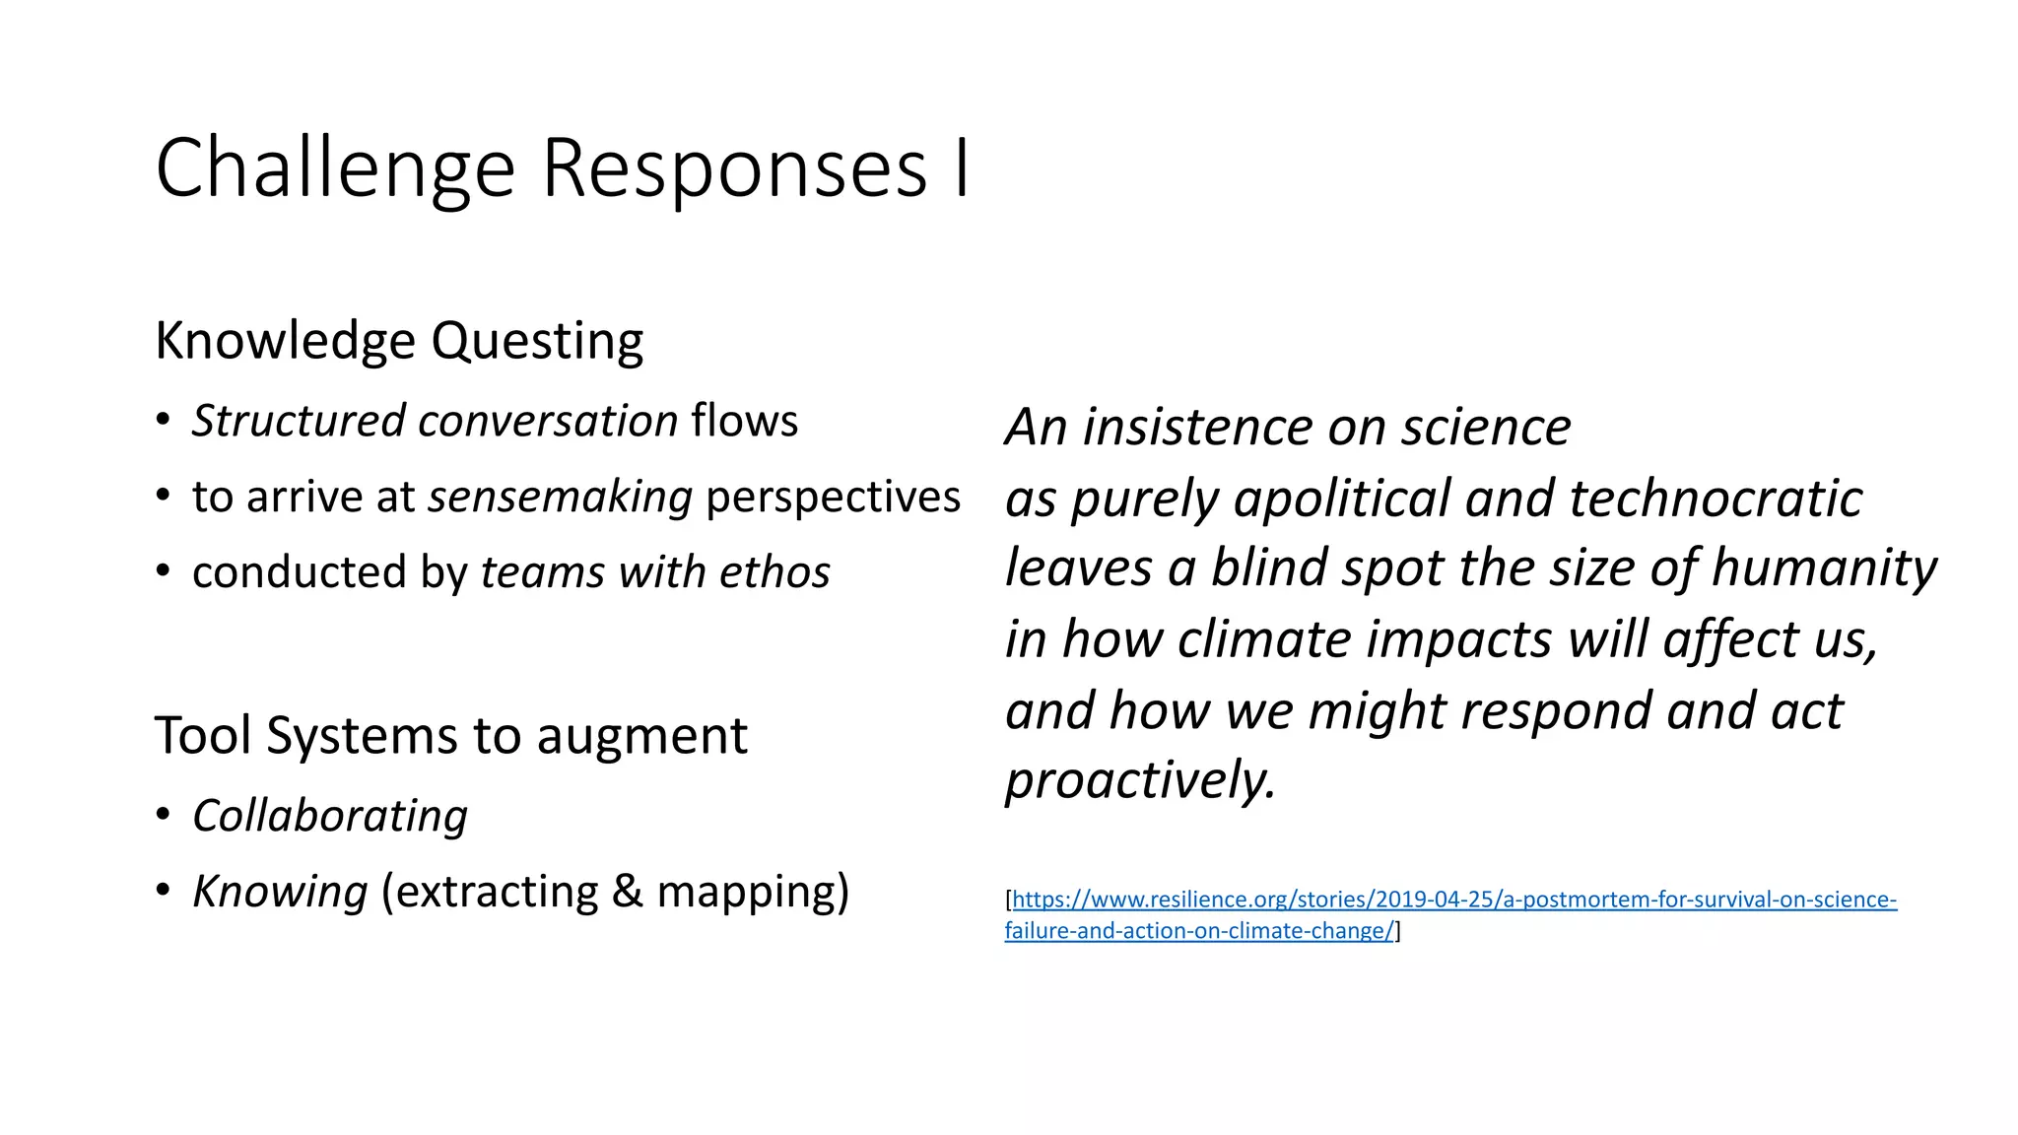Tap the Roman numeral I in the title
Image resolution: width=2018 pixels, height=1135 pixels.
(x=962, y=169)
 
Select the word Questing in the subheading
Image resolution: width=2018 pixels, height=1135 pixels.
(x=537, y=342)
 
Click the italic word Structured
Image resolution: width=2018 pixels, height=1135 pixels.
(x=299, y=421)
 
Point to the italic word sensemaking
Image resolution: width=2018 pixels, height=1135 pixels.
(x=561, y=497)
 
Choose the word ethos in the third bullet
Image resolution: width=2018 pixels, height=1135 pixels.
(x=774, y=572)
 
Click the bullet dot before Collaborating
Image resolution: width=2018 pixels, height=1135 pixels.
(x=164, y=815)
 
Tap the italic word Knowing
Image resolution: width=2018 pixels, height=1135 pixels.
(x=280, y=892)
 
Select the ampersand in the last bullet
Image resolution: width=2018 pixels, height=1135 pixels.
(x=627, y=892)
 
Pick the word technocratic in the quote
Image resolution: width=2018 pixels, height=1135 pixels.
(x=1715, y=499)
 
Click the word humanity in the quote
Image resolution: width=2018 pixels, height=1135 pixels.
(x=1824, y=568)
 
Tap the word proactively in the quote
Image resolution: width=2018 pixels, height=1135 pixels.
(x=1140, y=781)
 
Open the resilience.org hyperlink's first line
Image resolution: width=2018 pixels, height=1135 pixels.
(x=1454, y=900)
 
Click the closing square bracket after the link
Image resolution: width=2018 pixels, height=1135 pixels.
(x=1398, y=931)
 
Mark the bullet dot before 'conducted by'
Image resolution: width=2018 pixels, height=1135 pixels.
(x=164, y=571)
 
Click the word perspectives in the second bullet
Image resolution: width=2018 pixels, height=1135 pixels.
(x=833, y=497)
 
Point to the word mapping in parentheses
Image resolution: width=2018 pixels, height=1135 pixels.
(x=746, y=892)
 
